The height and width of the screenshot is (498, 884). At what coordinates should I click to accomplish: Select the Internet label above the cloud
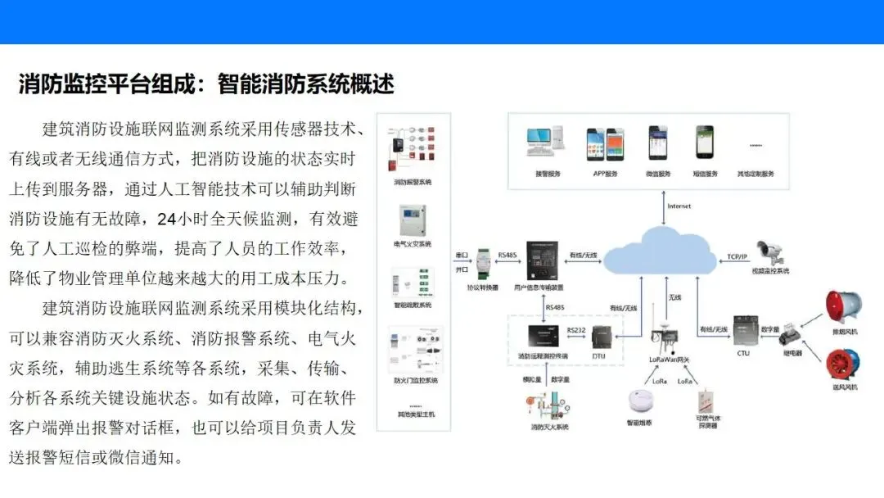pyautogui.click(x=679, y=206)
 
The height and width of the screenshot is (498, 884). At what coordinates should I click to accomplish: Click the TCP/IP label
pyautogui.click(x=737, y=256)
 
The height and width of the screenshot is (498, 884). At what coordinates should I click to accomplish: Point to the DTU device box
pyautogui.click(x=602, y=338)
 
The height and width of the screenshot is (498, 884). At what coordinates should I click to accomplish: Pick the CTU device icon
pyautogui.click(x=743, y=330)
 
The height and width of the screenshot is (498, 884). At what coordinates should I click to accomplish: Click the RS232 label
pyautogui.click(x=575, y=329)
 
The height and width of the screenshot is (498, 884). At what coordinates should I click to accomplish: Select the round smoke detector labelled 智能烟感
pyautogui.click(x=641, y=401)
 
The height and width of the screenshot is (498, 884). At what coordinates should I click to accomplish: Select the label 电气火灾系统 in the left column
pyautogui.click(x=412, y=244)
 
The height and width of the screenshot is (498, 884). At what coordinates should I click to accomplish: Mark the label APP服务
pyautogui.click(x=605, y=174)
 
